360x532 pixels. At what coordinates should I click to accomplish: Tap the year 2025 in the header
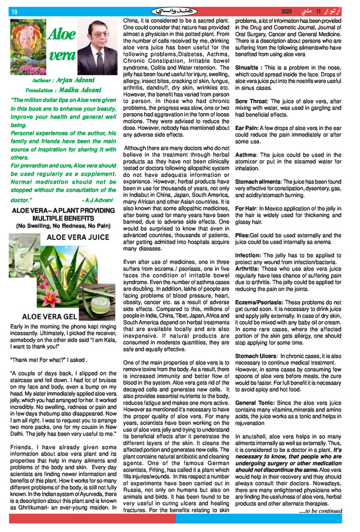(287, 11)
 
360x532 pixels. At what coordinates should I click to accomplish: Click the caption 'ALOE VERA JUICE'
(78, 237)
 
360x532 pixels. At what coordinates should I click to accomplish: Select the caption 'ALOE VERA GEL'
(49, 317)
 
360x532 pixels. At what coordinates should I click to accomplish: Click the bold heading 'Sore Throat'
(251, 102)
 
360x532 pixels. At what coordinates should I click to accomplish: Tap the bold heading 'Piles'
(242, 235)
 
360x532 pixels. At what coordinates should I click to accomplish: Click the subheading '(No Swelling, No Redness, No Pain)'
(63, 225)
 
